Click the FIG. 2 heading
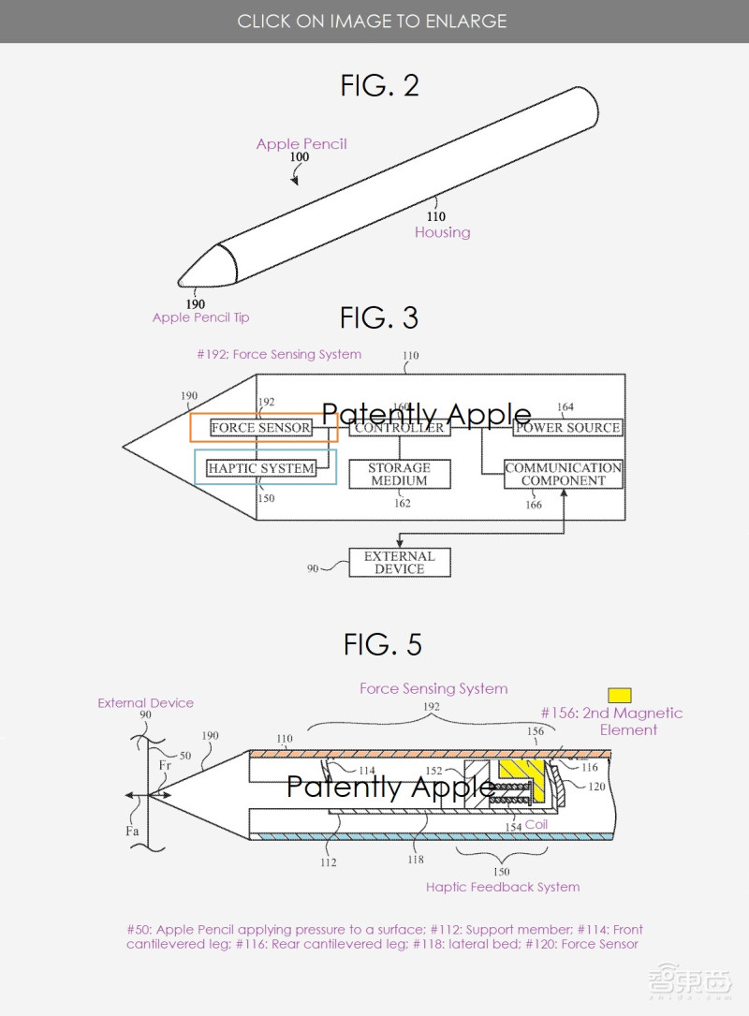(379, 86)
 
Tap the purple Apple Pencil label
(301, 143)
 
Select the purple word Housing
(443, 232)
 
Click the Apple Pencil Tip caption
(200, 317)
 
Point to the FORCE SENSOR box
(261, 428)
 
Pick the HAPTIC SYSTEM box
(261, 468)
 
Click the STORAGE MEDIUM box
(399, 474)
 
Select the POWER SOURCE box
(567, 428)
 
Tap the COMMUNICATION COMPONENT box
(564, 474)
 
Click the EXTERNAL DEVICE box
(399, 562)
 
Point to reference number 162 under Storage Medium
(402, 503)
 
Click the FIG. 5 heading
(382, 644)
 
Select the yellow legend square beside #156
(619, 695)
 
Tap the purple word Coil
(536, 824)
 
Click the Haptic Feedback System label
(503, 887)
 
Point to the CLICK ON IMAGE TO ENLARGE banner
(372, 21)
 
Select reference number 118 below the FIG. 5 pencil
(416, 860)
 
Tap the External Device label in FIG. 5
(146, 702)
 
